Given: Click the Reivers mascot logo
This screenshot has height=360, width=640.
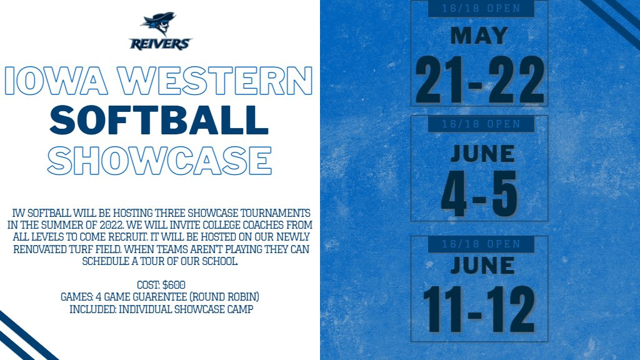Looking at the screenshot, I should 161,31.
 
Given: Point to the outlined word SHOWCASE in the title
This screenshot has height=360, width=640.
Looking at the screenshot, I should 159,160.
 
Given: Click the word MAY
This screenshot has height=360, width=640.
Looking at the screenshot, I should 479,36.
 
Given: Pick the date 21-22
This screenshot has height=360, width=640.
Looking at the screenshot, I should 479,79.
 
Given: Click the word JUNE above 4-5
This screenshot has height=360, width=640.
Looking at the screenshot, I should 479,153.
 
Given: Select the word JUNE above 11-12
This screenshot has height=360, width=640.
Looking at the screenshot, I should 479,266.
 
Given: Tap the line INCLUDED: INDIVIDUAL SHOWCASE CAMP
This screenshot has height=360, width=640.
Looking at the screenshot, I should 161,309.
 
